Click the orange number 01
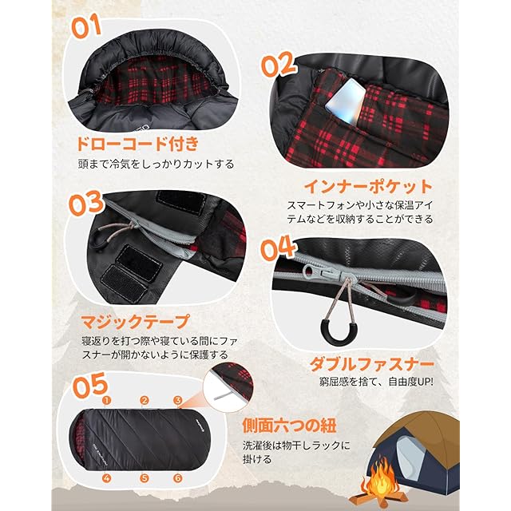pos(86,26)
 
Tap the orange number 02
pos(279,65)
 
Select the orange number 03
pos(86,203)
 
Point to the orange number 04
pos(278,249)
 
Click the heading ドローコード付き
pos(137,144)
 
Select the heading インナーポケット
pos(368,187)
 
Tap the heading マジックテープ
pos(135,322)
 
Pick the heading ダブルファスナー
pos(371,364)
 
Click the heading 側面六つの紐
pos(289,426)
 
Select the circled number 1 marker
pos(107,401)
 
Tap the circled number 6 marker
pos(177,478)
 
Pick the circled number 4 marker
pos(107,478)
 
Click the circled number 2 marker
pos(145,401)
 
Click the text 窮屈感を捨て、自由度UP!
pos(376,382)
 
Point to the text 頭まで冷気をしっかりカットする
pos(156,164)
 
